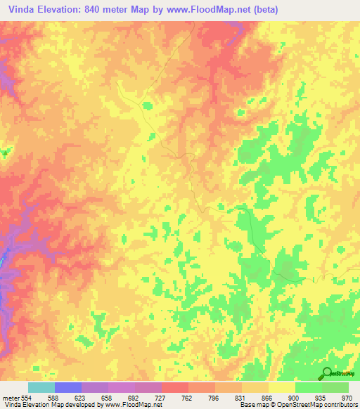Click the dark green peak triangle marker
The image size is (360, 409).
(x=6, y=152)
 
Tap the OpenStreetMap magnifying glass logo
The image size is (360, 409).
(x=326, y=374)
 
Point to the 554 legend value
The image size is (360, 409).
(x=27, y=398)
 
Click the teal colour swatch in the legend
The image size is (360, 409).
(x=41, y=387)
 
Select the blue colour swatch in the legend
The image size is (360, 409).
(x=67, y=387)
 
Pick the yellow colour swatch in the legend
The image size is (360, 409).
(x=281, y=387)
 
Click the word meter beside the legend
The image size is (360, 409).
(x=10, y=398)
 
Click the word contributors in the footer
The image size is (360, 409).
(x=340, y=405)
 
